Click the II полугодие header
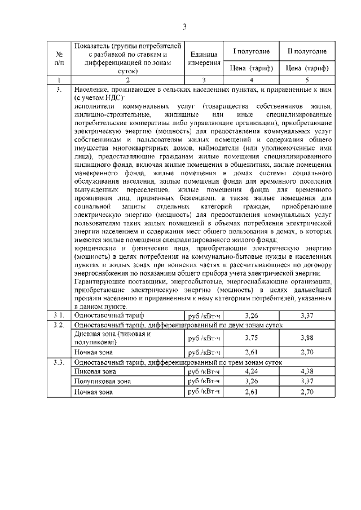click(x=307, y=51)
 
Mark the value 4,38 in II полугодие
click(x=307, y=371)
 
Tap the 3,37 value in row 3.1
click(x=307, y=314)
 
